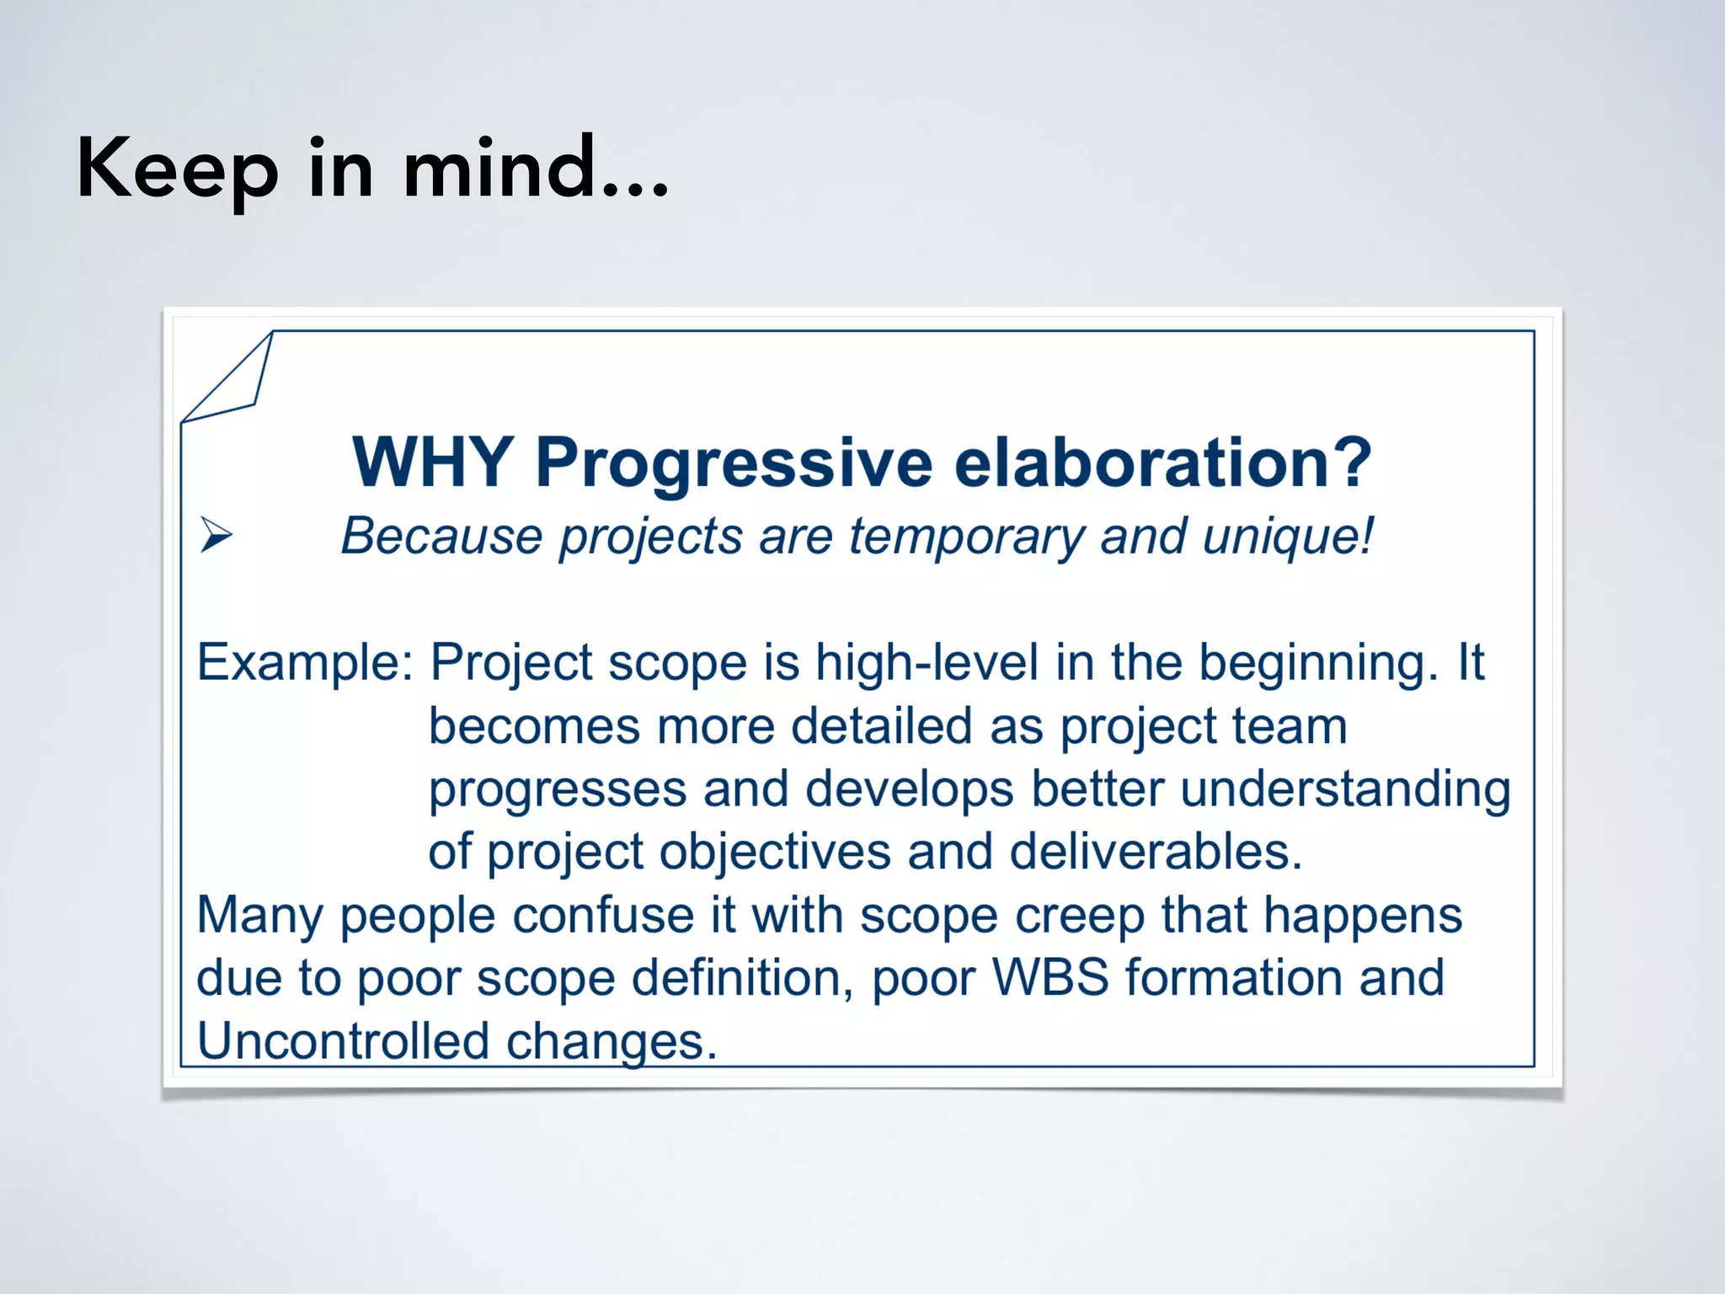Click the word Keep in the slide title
(x=177, y=171)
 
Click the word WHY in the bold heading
(x=432, y=462)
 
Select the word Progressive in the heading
(x=734, y=464)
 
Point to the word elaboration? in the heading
(x=1163, y=462)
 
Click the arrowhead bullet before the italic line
(x=216, y=536)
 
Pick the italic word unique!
(x=1289, y=537)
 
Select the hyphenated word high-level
(x=926, y=663)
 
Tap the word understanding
(x=1345, y=790)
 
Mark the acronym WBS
(x=1050, y=977)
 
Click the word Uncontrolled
(x=343, y=1040)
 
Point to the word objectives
(x=775, y=853)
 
